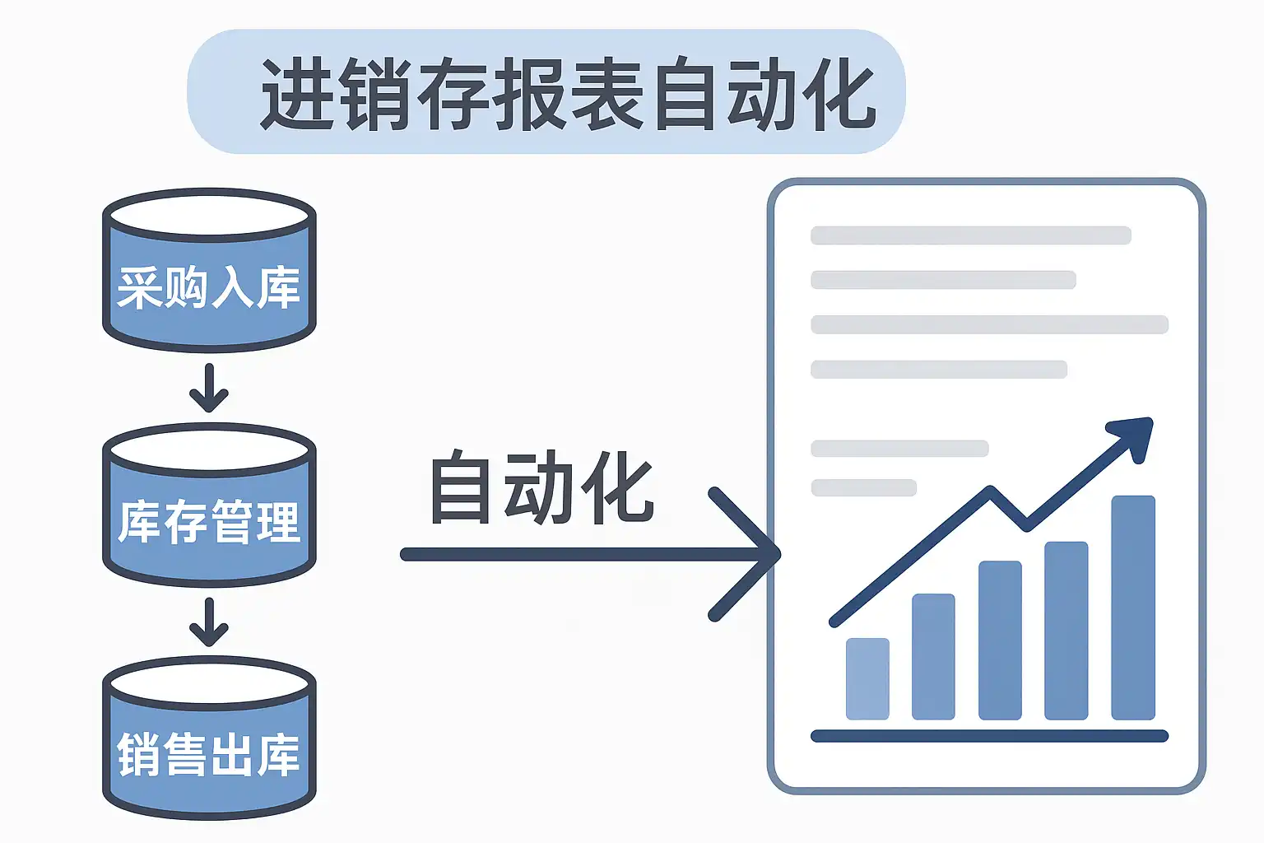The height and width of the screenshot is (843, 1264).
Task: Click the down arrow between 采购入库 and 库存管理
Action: pos(209,388)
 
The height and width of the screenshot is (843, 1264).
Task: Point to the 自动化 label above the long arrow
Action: pos(541,487)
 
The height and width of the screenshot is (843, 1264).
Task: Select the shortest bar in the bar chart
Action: pos(867,678)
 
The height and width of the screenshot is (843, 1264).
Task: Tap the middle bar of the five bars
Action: pos(1000,640)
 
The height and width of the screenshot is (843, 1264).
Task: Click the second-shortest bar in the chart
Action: pos(933,656)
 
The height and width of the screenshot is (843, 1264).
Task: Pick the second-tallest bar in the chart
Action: pos(1066,631)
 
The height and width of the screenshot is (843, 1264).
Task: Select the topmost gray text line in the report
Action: pos(971,235)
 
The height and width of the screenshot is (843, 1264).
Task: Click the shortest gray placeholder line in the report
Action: pos(863,487)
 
